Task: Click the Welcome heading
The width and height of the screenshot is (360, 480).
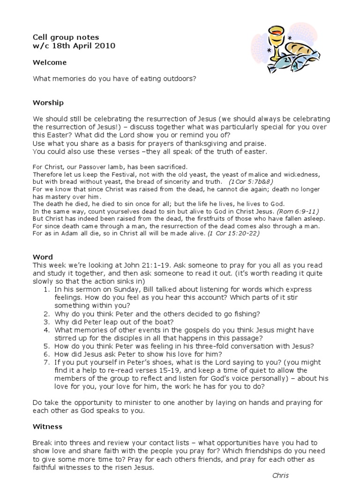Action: (x=50, y=62)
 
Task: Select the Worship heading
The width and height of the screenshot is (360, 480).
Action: (x=48, y=103)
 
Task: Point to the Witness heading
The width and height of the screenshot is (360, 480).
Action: (x=47, y=427)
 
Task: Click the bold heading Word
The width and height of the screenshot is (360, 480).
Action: (x=41, y=257)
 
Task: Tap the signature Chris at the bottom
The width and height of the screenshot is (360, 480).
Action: (x=281, y=475)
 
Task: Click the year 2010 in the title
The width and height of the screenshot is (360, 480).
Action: (x=104, y=45)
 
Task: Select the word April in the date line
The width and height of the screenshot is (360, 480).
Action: (x=79, y=45)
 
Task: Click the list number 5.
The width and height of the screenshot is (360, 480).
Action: (x=46, y=346)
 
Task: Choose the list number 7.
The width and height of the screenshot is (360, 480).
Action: (x=46, y=362)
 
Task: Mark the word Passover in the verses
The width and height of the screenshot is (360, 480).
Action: (x=97, y=166)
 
